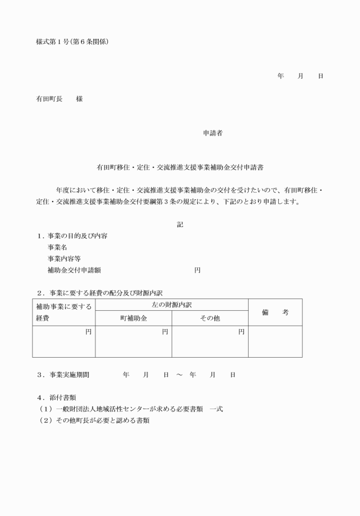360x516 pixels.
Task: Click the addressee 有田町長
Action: coord(49,99)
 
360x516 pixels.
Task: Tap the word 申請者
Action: coord(213,133)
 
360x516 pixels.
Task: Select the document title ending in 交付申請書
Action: coord(179,168)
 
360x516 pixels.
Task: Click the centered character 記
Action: coord(180,225)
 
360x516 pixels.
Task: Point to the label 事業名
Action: coord(57,247)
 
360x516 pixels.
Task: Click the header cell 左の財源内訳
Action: coord(171,305)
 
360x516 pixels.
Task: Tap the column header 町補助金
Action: coord(133,318)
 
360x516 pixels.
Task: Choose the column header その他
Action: coord(210,318)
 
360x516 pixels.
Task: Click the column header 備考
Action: coord(275,312)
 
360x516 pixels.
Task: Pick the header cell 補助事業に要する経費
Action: coord(63,312)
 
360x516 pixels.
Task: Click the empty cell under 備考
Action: coord(275,342)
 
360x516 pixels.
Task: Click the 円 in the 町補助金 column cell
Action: coord(165,331)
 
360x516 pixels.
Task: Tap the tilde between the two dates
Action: coord(179,375)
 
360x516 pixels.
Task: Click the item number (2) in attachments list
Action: coord(45,420)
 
